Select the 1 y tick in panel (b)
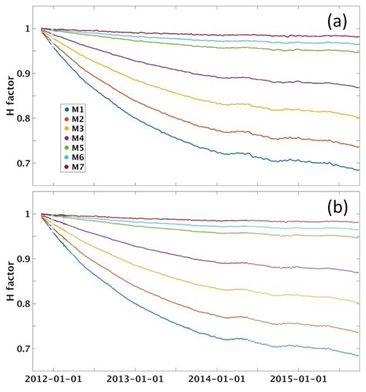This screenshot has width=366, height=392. (x=32, y=215)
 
